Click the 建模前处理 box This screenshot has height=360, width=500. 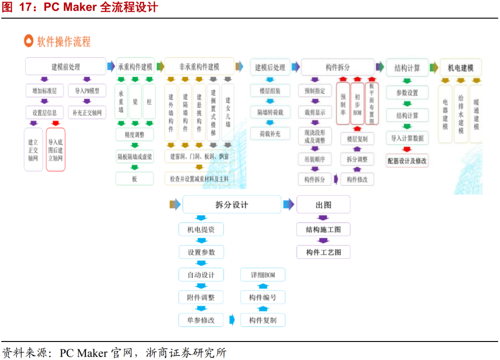click(x=65, y=67)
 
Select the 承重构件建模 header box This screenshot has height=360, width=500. click(x=135, y=67)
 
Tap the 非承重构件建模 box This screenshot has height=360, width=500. click(x=199, y=67)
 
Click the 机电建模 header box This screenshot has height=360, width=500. click(x=460, y=68)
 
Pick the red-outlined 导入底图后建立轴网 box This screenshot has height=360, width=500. click(x=56, y=149)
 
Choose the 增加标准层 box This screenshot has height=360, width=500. click(x=44, y=91)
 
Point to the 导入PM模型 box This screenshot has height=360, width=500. click(x=87, y=91)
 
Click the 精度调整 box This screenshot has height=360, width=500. click(x=134, y=135)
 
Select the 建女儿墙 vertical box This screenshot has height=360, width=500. click(x=227, y=112)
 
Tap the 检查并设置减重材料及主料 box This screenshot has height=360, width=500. click(x=199, y=178)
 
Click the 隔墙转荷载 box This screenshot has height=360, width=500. click(x=270, y=112)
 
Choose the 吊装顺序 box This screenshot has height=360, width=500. click(x=315, y=160)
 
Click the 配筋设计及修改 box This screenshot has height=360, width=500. click(x=407, y=161)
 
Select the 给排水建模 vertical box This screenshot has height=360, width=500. click(x=461, y=113)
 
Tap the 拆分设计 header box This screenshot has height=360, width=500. click(x=231, y=205)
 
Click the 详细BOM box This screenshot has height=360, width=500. click(x=262, y=275)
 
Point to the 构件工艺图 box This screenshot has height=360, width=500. click(x=323, y=252)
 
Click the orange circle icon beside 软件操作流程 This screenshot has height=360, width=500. click(x=29, y=41)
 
